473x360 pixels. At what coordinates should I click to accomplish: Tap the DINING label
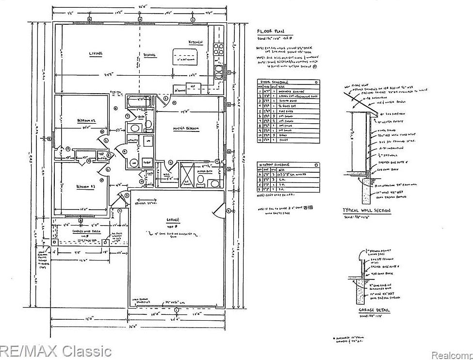pyautogui.click(x=149, y=55)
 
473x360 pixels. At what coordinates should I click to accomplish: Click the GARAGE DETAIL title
pyautogui.click(x=373, y=310)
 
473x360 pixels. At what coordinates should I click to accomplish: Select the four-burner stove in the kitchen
pyautogui.click(x=218, y=49)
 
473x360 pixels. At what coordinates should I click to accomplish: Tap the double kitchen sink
pyautogui.click(x=218, y=72)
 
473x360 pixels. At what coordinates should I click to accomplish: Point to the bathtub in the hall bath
pyautogui.click(x=138, y=102)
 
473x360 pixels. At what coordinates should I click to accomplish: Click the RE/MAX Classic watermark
pyautogui.click(x=56, y=350)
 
